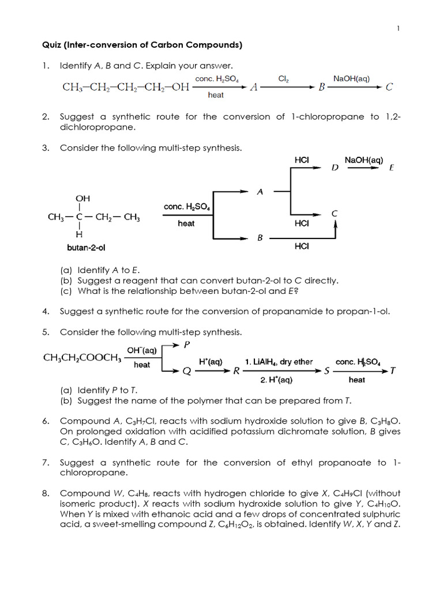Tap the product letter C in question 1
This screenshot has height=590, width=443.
click(x=389, y=88)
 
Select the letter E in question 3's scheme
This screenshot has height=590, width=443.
click(x=392, y=168)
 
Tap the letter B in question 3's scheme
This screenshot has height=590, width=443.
click(x=260, y=237)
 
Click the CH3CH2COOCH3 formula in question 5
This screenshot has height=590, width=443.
click(x=82, y=358)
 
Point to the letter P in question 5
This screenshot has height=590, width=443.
click(x=186, y=345)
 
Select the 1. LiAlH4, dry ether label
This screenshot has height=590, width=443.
click(x=279, y=362)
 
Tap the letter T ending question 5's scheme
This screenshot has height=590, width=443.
click(x=393, y=371)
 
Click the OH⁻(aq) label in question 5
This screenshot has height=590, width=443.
click(x=141, y=350)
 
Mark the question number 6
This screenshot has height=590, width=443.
click(x=45, y=421)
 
